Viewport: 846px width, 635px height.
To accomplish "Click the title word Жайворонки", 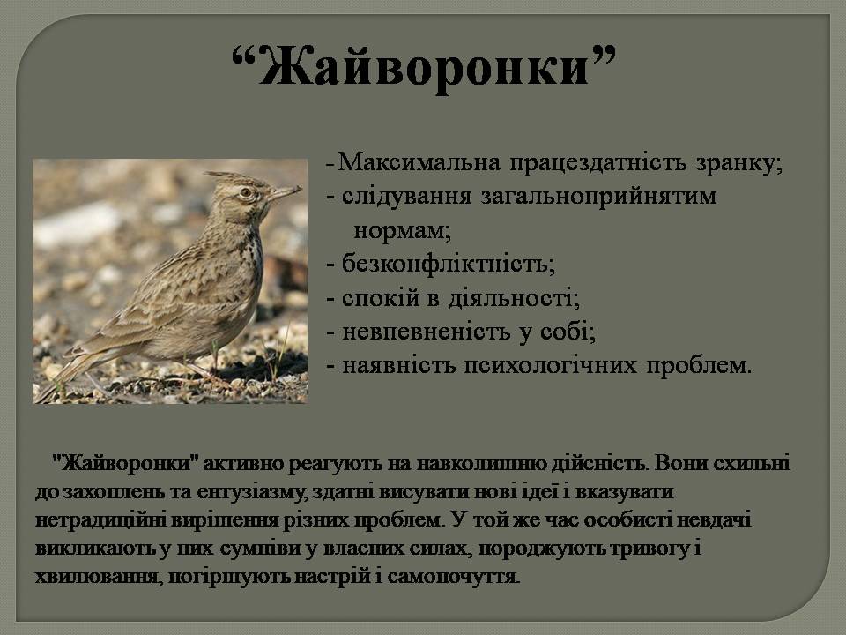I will click(423, 66).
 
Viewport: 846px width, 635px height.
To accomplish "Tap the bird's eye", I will click(245, 191).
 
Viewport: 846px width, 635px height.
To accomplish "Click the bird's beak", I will click(284, 191).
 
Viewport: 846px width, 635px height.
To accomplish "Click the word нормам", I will click(400, 231).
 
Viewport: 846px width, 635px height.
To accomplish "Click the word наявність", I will click(388, 365).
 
